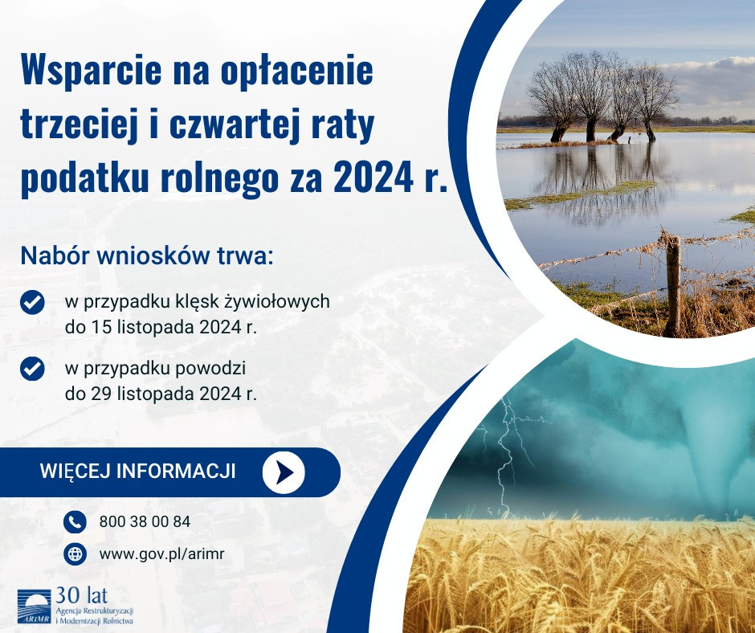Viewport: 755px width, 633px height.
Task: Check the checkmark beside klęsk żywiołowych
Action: tap(31, 303)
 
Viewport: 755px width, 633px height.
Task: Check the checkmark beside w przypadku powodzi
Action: tap(31, 369)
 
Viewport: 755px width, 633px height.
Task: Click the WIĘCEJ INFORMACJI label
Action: tap(137, 472)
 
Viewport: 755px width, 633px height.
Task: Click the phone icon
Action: tap(74, 521)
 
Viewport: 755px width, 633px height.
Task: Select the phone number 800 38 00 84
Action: tap(145, 521)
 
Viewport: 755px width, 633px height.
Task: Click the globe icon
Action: tap(74, 553)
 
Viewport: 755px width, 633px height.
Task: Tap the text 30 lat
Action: tap(81, 595)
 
